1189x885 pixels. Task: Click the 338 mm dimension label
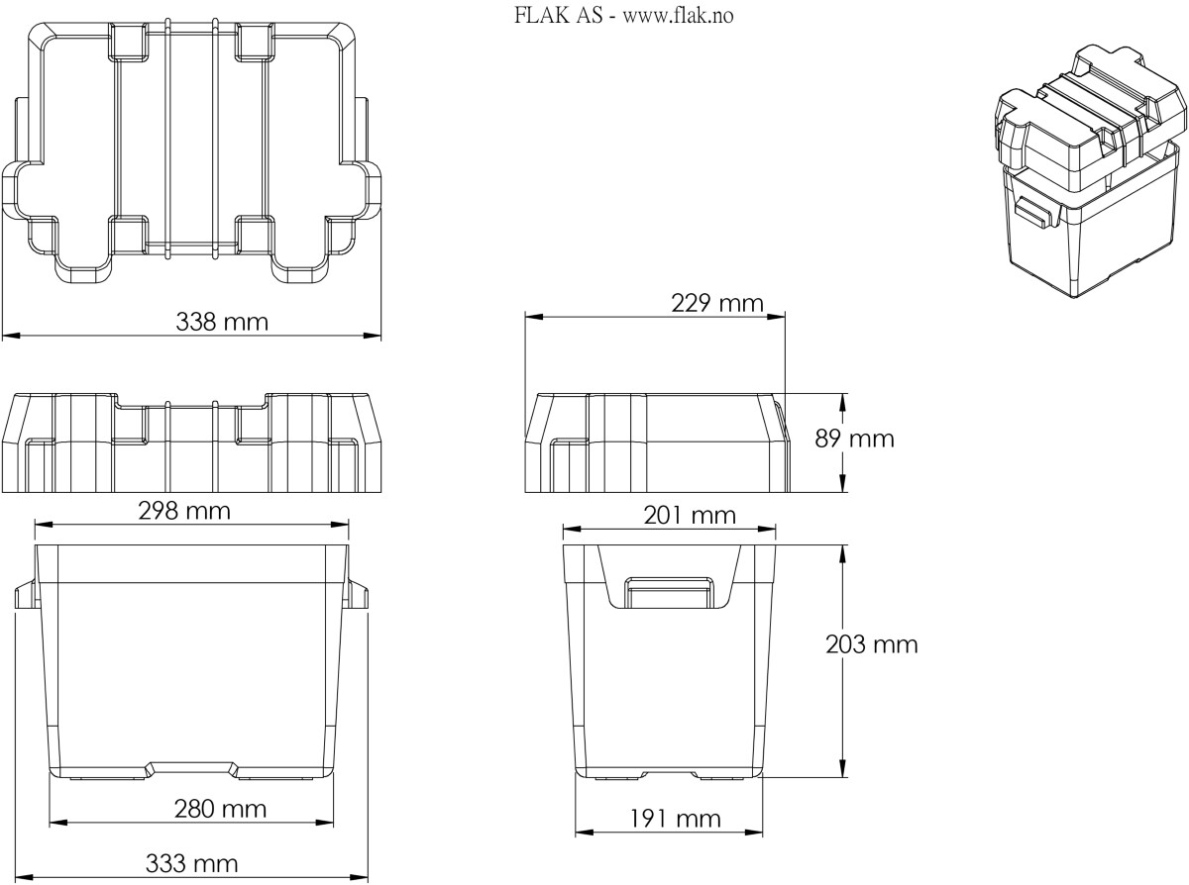coord(222,322)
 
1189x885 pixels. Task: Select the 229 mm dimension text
coord(717,303)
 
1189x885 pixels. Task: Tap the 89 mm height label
coord(854,439)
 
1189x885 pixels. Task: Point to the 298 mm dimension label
coord(184,511)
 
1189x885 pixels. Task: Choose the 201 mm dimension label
coord(690,516)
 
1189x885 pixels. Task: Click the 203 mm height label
coord(872,643)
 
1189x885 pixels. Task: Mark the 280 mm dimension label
coord(220,809)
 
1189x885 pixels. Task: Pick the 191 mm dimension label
coord(675,819)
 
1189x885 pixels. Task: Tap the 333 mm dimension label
coord(191,863)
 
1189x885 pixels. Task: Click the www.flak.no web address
coord(678,16)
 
